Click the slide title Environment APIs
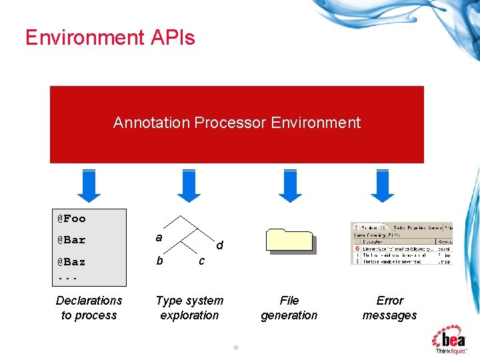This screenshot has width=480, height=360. (x=110, y=37)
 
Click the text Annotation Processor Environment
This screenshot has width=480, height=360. (x=237, y=123)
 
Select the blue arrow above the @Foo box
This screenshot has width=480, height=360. (x=89, y=185)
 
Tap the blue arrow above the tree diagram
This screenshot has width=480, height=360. (x=189, y=185)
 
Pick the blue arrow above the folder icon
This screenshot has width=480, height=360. (x=289, y=185)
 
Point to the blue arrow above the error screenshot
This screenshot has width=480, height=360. (x=383, y=185)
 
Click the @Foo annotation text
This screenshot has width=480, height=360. (x=71, y=219)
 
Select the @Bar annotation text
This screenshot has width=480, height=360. (x=71, y=240)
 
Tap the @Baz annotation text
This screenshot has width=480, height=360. (x=71, y=262)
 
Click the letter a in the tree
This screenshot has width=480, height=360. (x=159, y=237)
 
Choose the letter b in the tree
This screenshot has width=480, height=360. (x=159, y=261)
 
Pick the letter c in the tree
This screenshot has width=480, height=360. (x=201, y=261)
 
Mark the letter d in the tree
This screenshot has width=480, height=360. (x=219, y=246)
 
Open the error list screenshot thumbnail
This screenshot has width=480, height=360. (x=401, y=243)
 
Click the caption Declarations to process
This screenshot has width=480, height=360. (x=89, y=308)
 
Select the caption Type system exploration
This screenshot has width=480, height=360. (x=189, y=308)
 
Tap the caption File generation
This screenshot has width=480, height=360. (x=289, y=308)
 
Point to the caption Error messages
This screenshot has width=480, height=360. (x=389, y=308)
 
